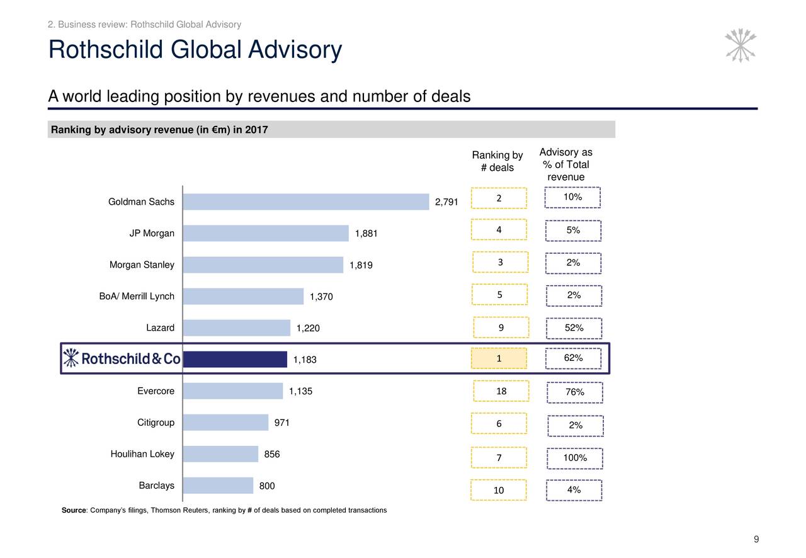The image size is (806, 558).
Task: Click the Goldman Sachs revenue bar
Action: tap(306, 202)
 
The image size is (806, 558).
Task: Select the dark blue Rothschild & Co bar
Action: tap(235, 359)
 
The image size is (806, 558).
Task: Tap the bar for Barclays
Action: tap(218, 486)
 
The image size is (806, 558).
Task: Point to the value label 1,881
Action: tap(366, 234)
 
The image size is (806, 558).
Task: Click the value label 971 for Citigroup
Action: tap(281, 423)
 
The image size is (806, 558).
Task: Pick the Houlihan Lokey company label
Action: tap(142, 454)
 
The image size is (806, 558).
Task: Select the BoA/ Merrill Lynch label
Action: tap(137, 297)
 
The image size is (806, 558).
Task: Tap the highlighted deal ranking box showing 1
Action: tap(499, 358)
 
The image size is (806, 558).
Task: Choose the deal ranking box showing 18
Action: tap(501, 392)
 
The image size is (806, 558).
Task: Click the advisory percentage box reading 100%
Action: tap(575, 458)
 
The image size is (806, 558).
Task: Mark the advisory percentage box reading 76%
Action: tap(575, 393)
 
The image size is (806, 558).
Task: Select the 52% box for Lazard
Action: tap(574, 328)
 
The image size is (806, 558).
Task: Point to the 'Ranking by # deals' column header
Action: tap(497, 161)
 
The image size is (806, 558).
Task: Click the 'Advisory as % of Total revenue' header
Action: tap(566, 165)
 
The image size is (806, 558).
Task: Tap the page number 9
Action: tap(756, 539)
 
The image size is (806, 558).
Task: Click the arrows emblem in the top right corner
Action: tap(741, 45)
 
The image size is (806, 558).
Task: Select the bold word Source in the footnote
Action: tap(73, 510)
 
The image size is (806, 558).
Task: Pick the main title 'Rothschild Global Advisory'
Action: tap(195, 50)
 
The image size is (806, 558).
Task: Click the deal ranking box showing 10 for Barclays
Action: tap(499, 491)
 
